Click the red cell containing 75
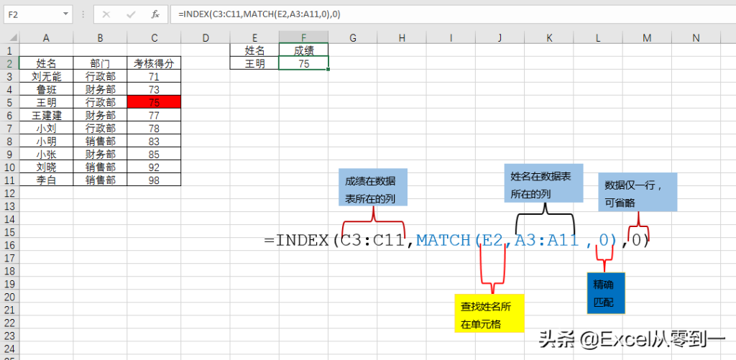[x=153, y=102]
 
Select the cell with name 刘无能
[x=46, y=76]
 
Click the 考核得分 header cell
[x=153, y=63]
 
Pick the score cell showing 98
[x=153, y=180]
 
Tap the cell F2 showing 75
[x=303, y=63]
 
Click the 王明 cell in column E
[x=254, y=63]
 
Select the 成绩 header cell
[x=303, y=50]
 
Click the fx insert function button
[x=155, y=14]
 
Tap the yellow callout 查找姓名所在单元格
[x=488, y=315]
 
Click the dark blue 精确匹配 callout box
[x=605, y=293]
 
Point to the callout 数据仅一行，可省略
[x=638, y=192]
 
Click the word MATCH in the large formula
[x=443, y=240]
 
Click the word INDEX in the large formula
[x=302, y=240]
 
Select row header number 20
[x=9, y=296]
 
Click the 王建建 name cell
[x=46, y=115]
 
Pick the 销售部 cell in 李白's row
[x=100, y=180]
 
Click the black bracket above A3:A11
[x=545, y=211]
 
